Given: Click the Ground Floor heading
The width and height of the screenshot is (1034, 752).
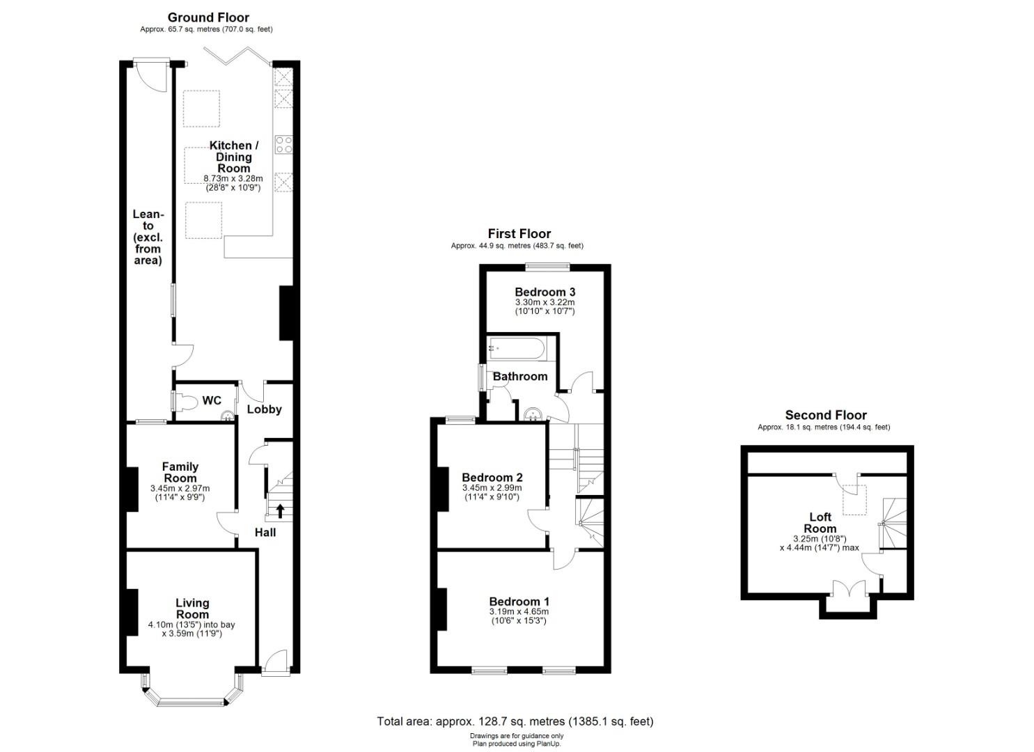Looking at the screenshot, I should tap(208, 17).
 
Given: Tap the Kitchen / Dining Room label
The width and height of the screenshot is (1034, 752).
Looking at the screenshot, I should tap(234, 157).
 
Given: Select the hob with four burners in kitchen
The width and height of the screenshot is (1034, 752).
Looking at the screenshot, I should tap(284, 145).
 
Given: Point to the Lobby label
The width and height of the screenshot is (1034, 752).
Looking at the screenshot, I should tap(265, 409).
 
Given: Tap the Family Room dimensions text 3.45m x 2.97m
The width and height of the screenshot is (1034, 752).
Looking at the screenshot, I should tap(180, 489).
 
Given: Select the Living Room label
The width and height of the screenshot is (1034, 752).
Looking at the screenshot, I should tap(192, 609).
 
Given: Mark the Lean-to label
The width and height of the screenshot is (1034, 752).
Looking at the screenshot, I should tap(148, 237).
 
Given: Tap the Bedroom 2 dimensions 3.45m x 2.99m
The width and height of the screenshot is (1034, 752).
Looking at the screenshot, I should tap(492, 488).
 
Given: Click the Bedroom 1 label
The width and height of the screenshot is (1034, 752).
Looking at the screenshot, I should tap(519, 602).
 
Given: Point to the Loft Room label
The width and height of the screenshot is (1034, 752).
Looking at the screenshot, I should tap(820, 522).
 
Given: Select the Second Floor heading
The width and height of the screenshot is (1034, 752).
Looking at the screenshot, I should tap(826, 415).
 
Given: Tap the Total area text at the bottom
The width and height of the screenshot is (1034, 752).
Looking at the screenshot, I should tap(515, 721).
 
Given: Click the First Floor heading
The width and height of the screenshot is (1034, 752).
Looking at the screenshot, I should tap(519, 234).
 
